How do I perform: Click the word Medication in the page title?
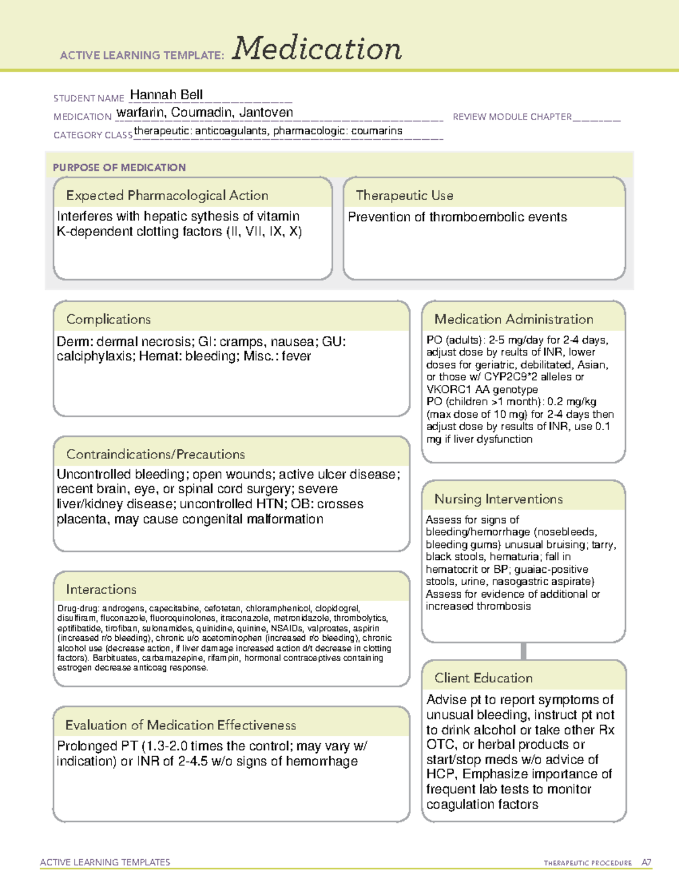pos(317,49)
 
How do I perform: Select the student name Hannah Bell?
pos(166,95)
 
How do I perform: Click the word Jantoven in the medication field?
pos(266,112)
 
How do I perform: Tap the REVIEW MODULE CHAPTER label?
pos(512,117)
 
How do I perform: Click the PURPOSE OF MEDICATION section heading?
pos(119,168)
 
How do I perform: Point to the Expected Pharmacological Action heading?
pos(167,195)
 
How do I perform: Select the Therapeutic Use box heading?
pos(405,195)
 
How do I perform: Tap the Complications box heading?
pos(109,319)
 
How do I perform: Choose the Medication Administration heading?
pos(514,319)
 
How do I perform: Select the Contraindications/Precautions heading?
pos(156,454)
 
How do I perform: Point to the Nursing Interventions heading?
pos(498,499)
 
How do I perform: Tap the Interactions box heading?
pos(101,589)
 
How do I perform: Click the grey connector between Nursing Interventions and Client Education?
pos(523,651)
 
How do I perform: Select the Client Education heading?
pos(484,678)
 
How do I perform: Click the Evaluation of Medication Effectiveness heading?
pos(181,725)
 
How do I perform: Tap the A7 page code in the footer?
pos(646,863)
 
